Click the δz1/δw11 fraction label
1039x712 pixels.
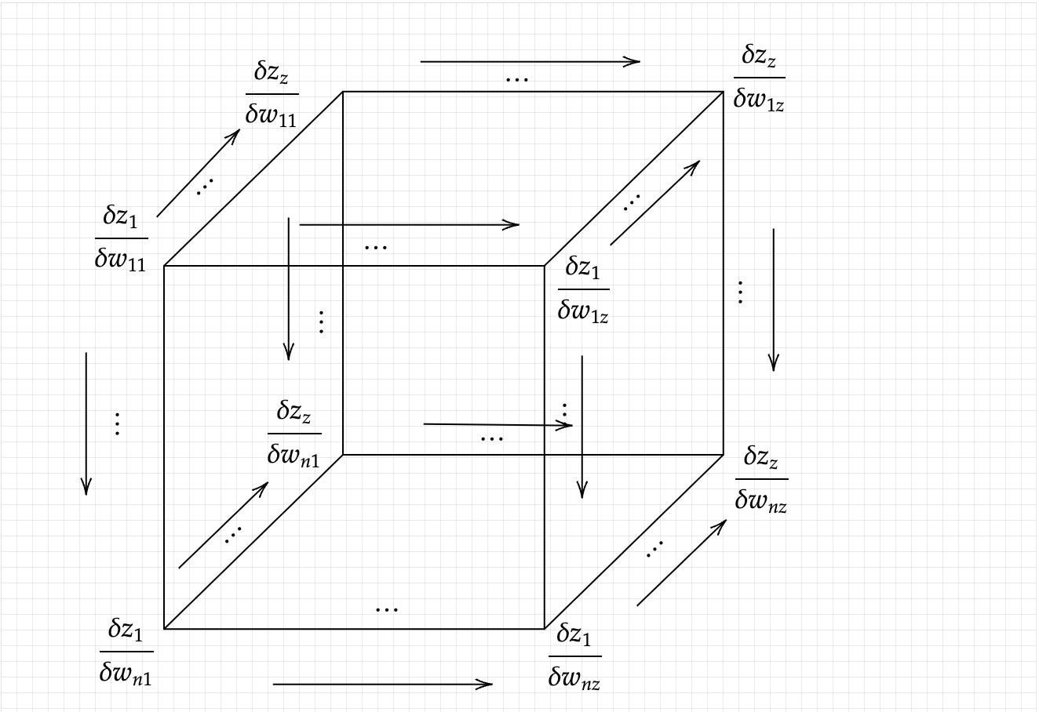(121, 238)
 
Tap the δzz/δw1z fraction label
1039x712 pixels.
(759, 78)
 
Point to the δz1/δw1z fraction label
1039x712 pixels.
(583, 289)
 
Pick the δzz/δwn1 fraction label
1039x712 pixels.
(294, 433)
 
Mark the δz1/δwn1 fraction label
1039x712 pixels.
(126, 651)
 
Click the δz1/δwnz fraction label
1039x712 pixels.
(574, 656)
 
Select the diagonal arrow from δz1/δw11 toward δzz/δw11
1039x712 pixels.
(198, 173)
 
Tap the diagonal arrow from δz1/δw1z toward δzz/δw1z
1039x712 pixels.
(654, 203)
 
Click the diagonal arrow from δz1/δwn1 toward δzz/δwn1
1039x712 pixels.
(223, 525)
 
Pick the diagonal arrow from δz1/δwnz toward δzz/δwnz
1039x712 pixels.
(680, 562)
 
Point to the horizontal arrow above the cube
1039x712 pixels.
(530, 61)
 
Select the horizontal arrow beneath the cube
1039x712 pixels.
(382, 685)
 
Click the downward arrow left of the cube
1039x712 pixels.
(86, 423)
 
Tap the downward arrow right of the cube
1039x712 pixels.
(774, 300)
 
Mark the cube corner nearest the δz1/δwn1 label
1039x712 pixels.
(164, 629)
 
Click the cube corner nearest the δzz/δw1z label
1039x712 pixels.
(723, 92)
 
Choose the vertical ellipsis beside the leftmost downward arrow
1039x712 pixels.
(117, 423)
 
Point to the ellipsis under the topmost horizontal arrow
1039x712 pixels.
(517, 79)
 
